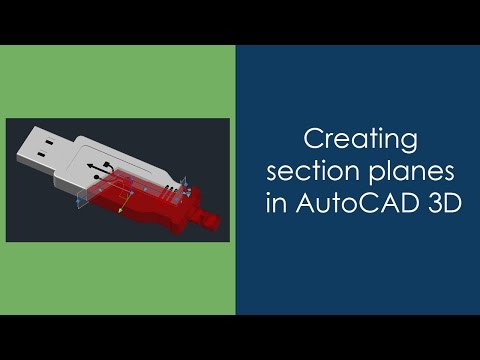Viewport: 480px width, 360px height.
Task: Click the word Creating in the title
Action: tap(358, 137)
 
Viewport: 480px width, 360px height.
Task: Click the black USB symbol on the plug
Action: tap(97, 167)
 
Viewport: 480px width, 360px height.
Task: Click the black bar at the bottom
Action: tap(240, 337)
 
